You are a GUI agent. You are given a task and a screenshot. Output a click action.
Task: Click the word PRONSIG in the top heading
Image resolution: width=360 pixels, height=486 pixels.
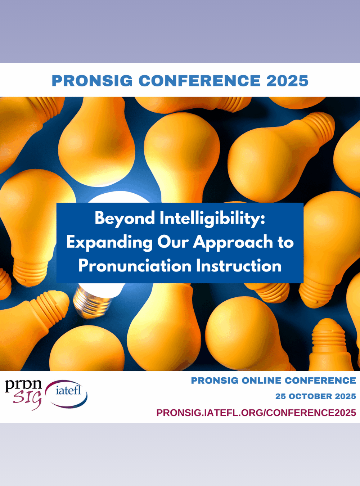[x=92, y=81]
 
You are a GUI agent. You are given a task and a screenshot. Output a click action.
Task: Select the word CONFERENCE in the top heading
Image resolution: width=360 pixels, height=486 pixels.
[x=199, y=81]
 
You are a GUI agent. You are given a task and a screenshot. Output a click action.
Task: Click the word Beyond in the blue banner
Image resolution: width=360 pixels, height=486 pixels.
[x=125, y=219]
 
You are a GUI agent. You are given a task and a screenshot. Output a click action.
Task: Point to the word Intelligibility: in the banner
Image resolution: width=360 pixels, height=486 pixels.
[x=212, y=219]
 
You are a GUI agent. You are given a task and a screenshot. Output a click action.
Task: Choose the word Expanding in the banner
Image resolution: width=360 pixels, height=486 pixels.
[x=109, y=243]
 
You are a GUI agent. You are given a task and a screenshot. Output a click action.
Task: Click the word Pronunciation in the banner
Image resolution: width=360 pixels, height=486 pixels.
[x=135, y=266]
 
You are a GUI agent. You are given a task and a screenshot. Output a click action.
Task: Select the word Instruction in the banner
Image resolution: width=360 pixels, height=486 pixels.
[x=239, y=266]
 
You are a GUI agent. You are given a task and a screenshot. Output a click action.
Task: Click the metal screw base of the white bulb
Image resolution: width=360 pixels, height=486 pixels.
[x=92, y=303]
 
